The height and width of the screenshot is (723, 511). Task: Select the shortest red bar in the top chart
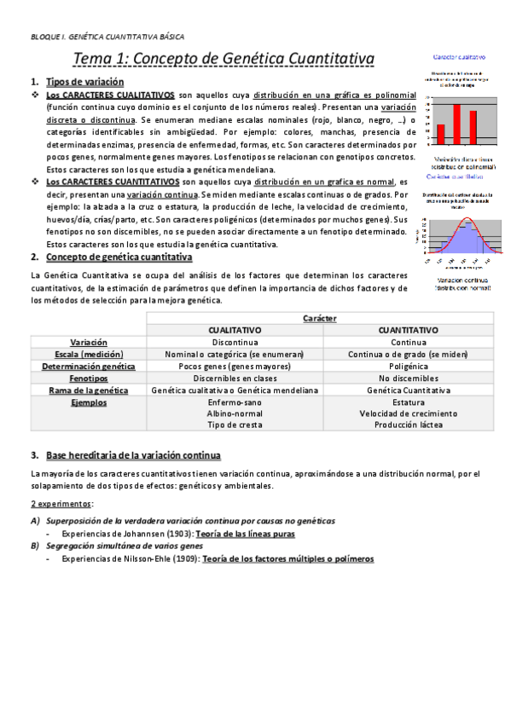coord(441,134)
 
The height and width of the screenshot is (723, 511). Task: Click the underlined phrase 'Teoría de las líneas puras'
coord(246,535)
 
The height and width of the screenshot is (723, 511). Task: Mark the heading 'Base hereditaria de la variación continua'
coord(133,455)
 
